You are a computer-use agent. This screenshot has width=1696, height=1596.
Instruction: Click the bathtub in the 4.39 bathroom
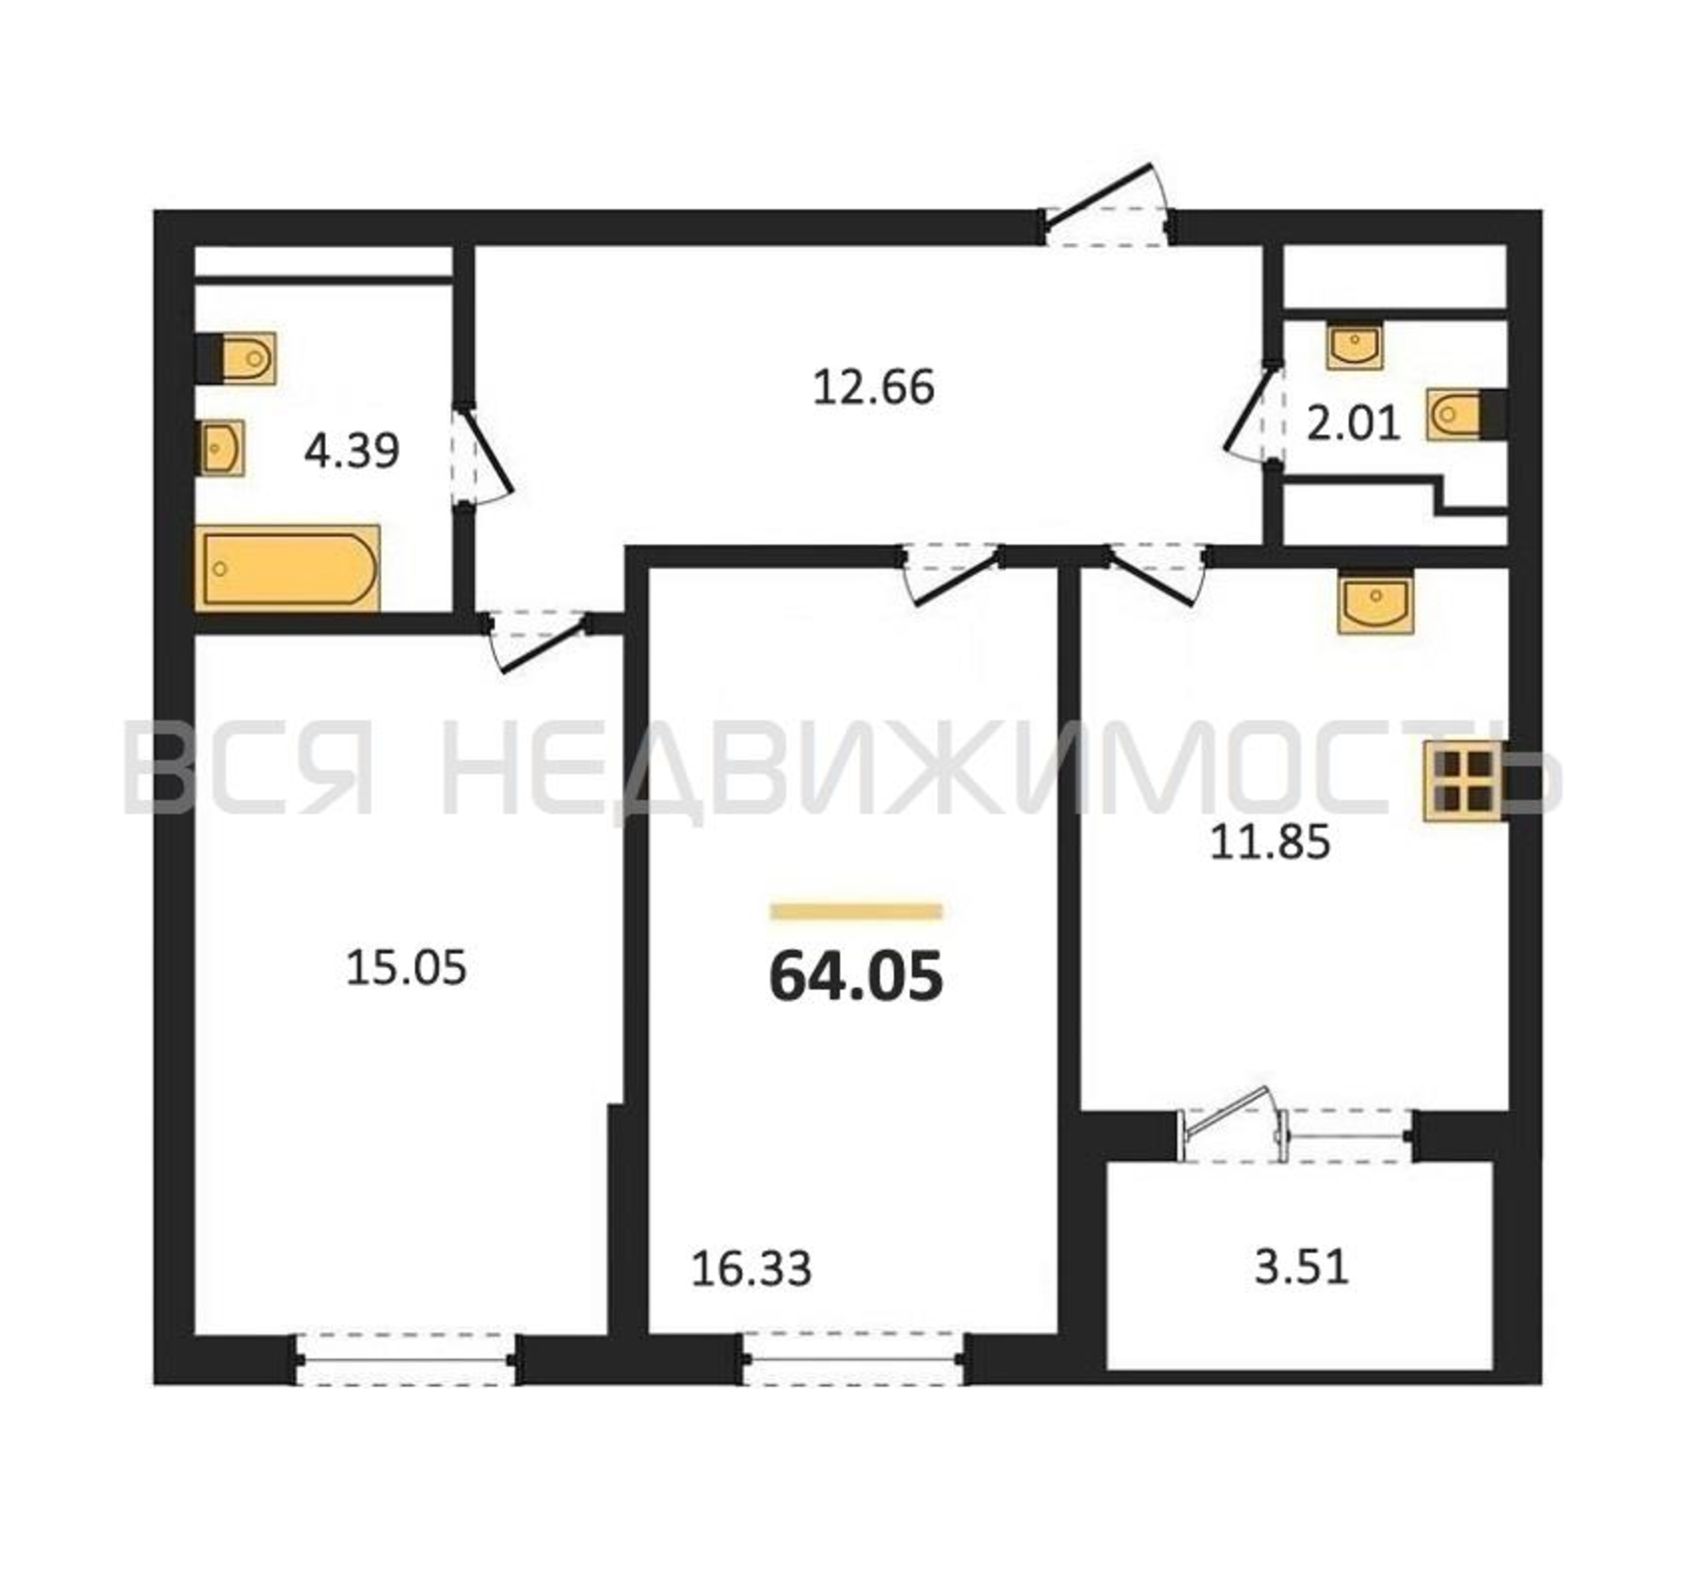click(287, 568)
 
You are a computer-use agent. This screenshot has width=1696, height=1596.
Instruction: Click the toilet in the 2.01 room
click(1465, 415)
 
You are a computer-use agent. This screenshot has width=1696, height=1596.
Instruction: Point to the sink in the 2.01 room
click(1354, 346)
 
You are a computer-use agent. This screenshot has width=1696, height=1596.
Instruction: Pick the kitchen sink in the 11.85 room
click(1375, 603)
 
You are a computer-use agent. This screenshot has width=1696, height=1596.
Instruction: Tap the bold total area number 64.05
click(856, 977)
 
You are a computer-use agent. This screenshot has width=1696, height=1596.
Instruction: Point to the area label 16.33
click(751, 1269)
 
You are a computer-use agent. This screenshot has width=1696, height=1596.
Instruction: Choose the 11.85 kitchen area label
click(1271, 843)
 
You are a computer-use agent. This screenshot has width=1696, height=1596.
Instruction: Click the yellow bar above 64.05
click(856, 911)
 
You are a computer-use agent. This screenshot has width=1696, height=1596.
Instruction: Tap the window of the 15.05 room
click(406, 1361)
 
